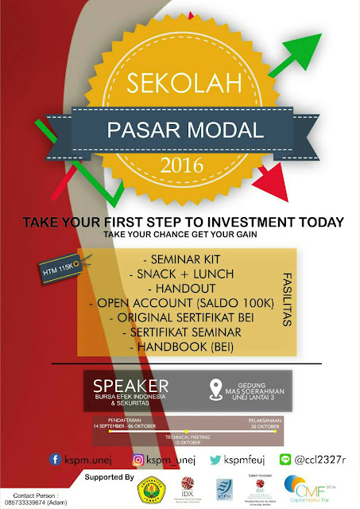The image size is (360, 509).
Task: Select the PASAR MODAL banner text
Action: click(180, 129)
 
